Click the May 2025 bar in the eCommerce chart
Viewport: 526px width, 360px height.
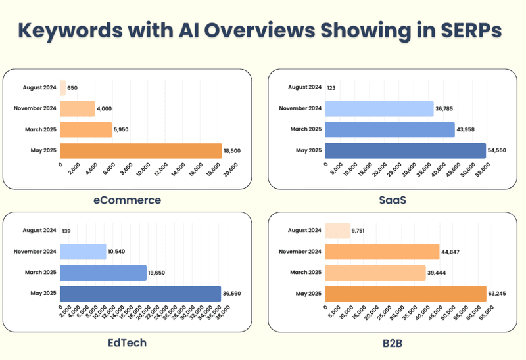click(x=141, y=150)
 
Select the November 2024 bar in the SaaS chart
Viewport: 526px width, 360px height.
click(x=379, y=108)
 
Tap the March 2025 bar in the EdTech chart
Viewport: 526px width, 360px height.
click(x=103, y=273)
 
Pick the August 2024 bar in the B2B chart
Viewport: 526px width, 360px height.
click(x=337, y=231)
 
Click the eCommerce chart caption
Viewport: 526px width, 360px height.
click(x=126, y=200)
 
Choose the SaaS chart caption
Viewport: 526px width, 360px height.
click(x=392, y=200)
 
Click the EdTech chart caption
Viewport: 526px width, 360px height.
click(x=126, y=342)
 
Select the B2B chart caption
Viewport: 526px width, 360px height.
click(x=392, y=342)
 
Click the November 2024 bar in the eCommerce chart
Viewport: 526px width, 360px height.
click(x=77, y=108)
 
